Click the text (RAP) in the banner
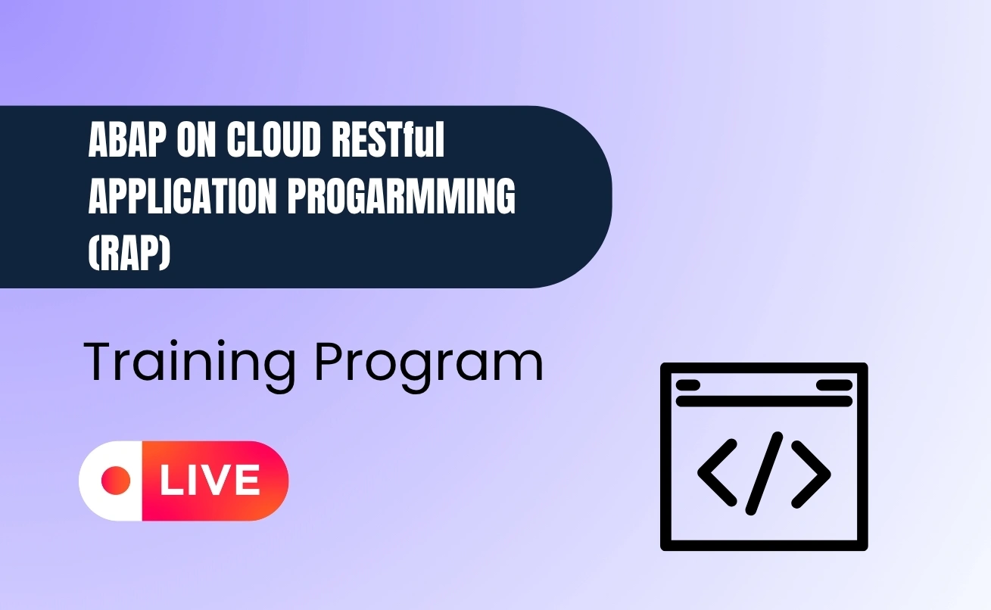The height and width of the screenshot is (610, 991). point(129,253)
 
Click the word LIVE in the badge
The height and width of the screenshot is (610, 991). point(210,481)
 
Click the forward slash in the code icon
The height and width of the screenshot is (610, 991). point(764,474)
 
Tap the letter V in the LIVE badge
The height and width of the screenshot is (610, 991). point(216,481)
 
